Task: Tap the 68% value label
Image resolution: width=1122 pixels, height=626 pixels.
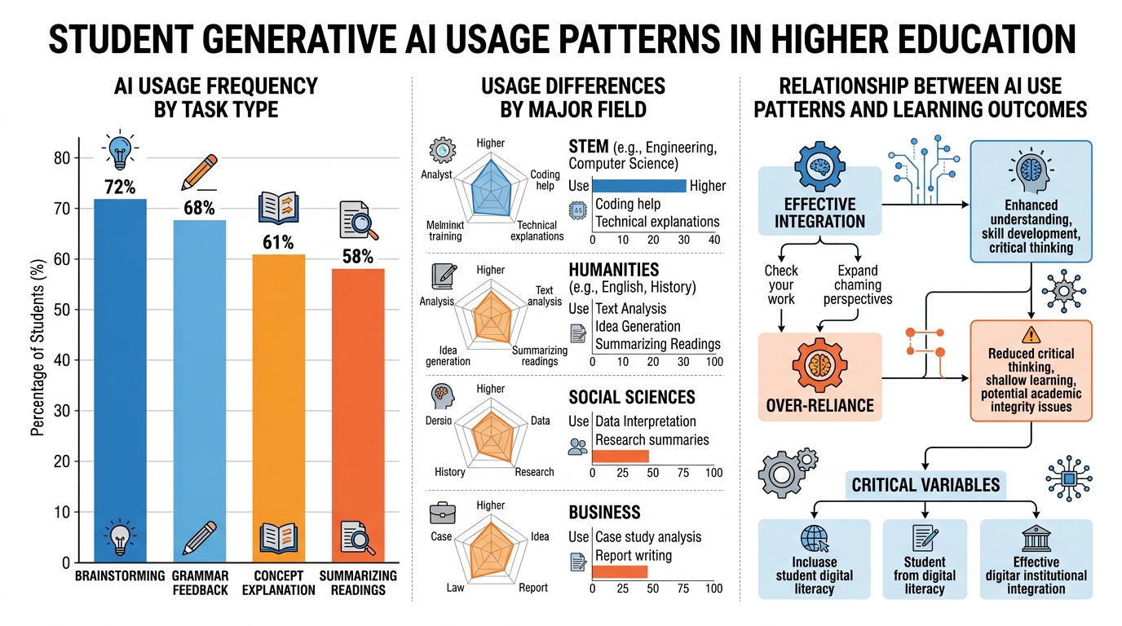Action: click(198, 209)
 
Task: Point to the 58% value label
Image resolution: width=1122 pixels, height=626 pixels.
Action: click(357, 257)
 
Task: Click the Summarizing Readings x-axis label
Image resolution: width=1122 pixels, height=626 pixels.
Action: click(358, 582)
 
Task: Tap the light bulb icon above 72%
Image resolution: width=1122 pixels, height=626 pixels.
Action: click(121, 152)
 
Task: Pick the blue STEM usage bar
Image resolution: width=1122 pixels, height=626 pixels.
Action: click(638, 185)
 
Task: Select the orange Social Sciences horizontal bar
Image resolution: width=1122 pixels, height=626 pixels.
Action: click(620, 456)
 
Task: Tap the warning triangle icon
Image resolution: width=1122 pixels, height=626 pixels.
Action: click(1031, 333)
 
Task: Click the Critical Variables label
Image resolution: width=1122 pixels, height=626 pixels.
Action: click(925, 485)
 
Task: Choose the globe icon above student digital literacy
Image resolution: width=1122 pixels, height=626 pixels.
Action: click(814, 538)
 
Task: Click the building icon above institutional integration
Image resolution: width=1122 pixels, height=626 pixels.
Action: click(1036, 539)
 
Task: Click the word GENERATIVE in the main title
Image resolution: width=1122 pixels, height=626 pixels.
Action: click(318, 39)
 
